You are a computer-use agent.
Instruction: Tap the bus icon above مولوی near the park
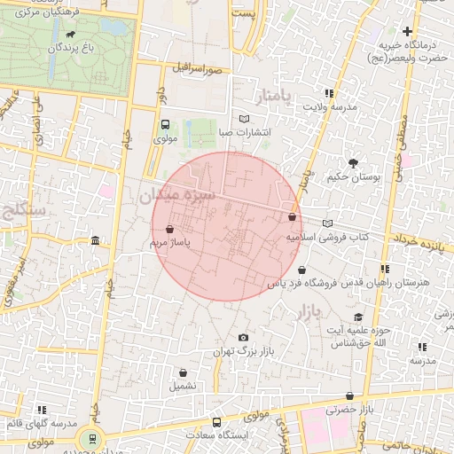point(166,125)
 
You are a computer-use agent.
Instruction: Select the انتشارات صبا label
point(245,133)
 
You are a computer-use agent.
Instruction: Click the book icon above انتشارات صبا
point(245,119)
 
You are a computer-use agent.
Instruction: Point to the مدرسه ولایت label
point(330,106)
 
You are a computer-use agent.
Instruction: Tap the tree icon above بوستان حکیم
point(354,163)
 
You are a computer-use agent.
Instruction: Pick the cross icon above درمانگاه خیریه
point(407,32)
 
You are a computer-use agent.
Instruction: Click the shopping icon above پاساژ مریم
point(169,229)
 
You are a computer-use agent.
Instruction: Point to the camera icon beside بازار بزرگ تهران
point(244,338)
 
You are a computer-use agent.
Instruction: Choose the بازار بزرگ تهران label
point(244,352)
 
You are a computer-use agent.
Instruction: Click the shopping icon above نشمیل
point(184,373)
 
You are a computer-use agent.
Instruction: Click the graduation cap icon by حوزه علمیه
point(358,317)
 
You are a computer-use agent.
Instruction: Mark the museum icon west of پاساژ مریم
point(95,241)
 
